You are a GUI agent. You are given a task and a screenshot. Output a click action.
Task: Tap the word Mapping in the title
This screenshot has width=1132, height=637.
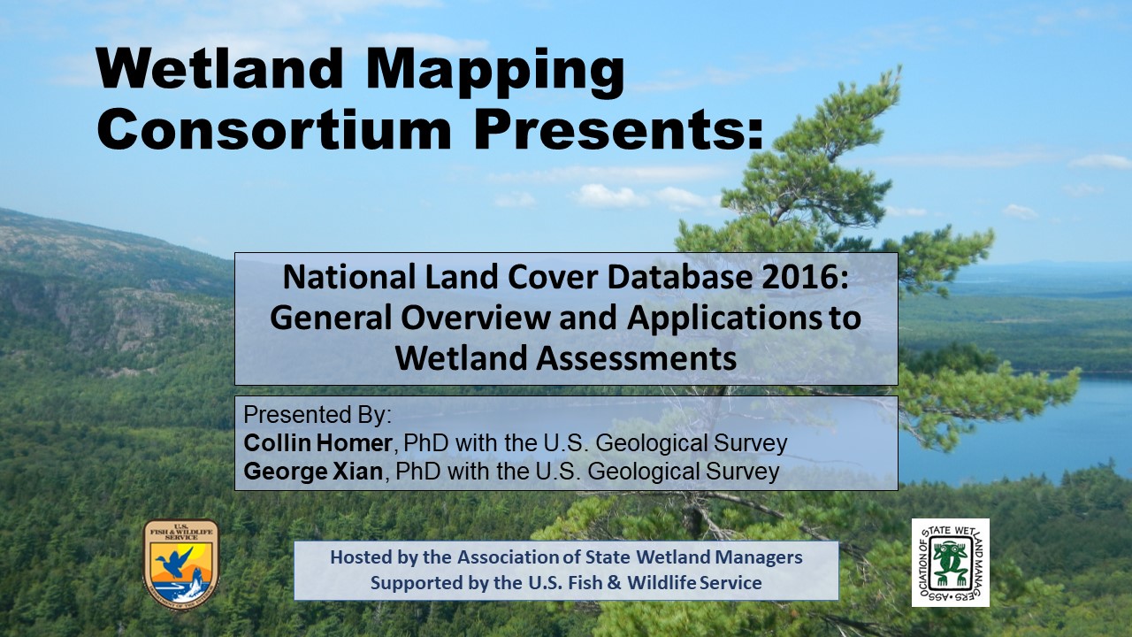click(x=495, y=73)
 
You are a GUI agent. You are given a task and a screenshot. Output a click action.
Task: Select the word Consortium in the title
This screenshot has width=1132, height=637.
click(x=274, y=129)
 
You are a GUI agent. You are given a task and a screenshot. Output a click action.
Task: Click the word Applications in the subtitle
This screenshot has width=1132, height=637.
click(x=724, y=319)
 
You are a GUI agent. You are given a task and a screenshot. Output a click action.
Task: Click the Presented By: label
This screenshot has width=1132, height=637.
click(x=317, y=415)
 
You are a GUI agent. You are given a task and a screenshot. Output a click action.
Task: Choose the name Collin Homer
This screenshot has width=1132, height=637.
click(x=317, y=443)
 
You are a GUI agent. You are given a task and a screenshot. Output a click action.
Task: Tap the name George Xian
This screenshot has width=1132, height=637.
click(x=313, y=472)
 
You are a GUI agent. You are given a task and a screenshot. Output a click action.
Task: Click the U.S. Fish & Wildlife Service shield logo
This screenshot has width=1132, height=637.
click(x=181, y=564)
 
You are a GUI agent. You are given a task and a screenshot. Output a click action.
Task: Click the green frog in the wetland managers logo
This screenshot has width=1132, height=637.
click(x=950, y=563)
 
